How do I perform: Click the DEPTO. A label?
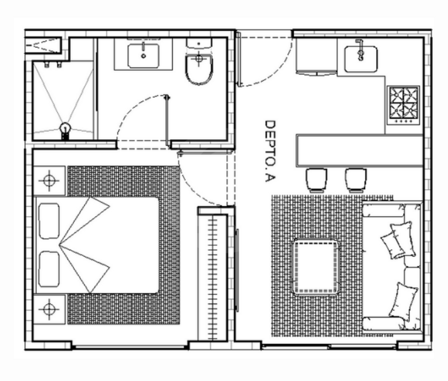click(x=270, y=151)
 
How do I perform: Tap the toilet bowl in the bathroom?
click(x=199, y=69)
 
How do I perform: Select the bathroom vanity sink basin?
click(x=143, y=56)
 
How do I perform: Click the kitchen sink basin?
click(x=361, y=59)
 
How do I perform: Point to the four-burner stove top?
click(x=403, y=105)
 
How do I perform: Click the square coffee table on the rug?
click(x=315, y=267)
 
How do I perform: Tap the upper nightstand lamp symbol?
click(x=49, y=181)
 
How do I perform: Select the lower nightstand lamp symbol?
click(x=49, y=309)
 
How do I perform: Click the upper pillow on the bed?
click(x=49, y=221)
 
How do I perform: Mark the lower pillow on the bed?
click(x=49, y=269)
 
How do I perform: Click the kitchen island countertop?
click(x=360, y=150)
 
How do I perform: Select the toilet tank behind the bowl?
click(x=199, y=43)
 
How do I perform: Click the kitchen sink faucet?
click(x=360, y=50)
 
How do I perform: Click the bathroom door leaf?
click(x=167, y=120)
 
